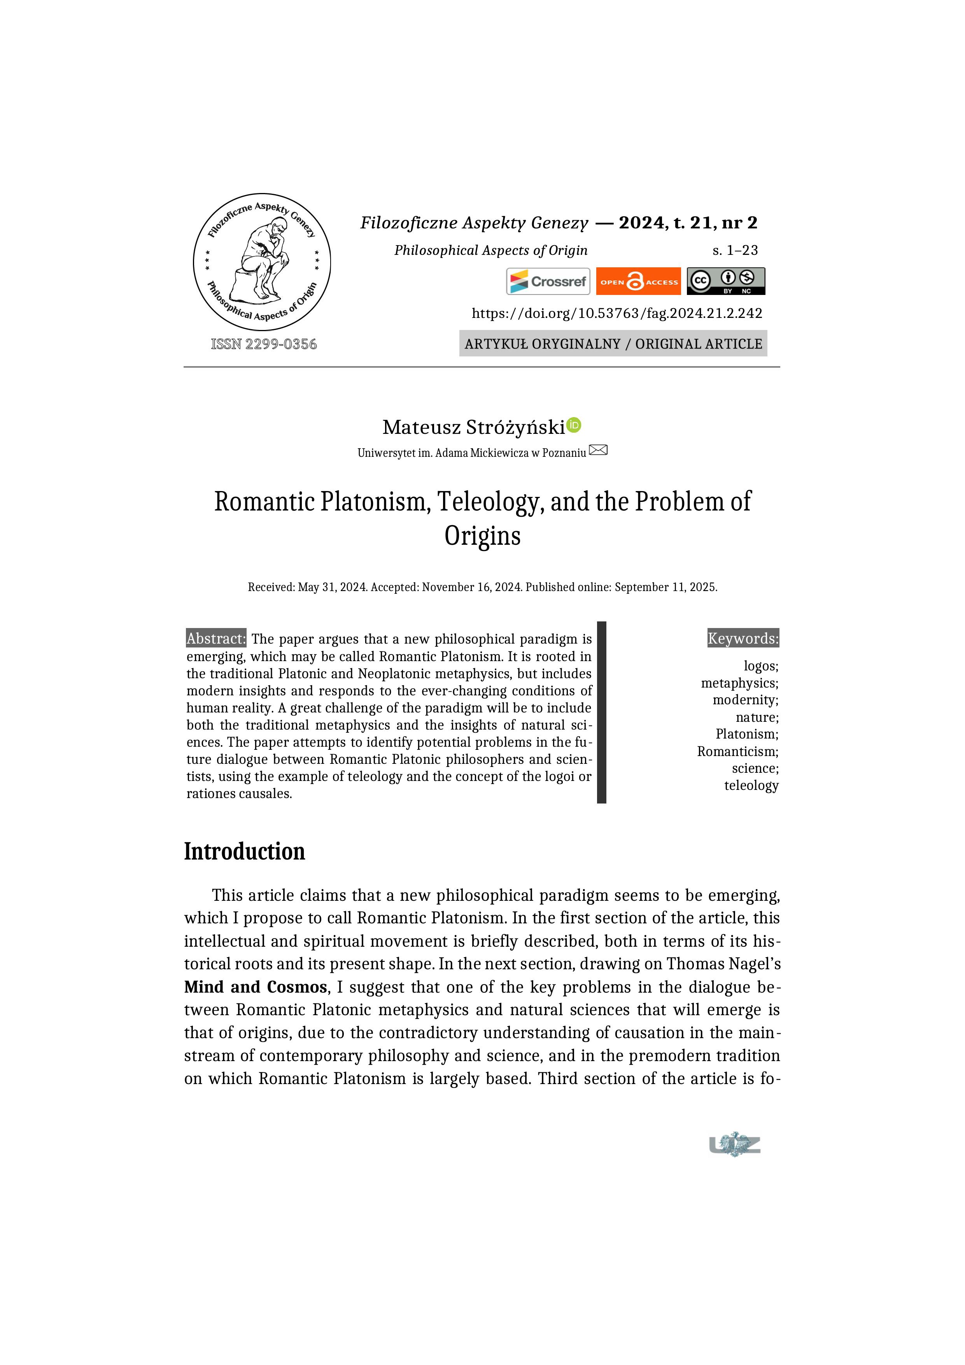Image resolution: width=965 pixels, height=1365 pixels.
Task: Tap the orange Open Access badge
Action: [x=638, y=281]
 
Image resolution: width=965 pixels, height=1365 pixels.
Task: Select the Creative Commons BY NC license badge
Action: [x=725, y=281]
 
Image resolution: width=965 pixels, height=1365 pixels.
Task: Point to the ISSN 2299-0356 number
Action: [x=264, y=344]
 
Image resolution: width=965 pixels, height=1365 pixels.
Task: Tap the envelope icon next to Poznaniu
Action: [x=598, y=450]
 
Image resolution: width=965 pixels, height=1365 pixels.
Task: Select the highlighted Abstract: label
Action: [x=216, y=639]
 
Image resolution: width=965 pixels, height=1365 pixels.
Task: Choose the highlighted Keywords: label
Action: [x=743, y=639]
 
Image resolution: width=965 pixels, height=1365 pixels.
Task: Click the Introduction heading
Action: [x=244, y=851]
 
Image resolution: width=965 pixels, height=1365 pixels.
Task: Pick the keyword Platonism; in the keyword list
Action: [x=746, y=734]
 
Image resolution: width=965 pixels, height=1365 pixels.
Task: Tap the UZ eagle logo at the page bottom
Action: [x=735, y=1144]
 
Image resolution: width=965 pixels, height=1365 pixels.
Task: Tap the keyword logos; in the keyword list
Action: [x=760, y=666]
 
